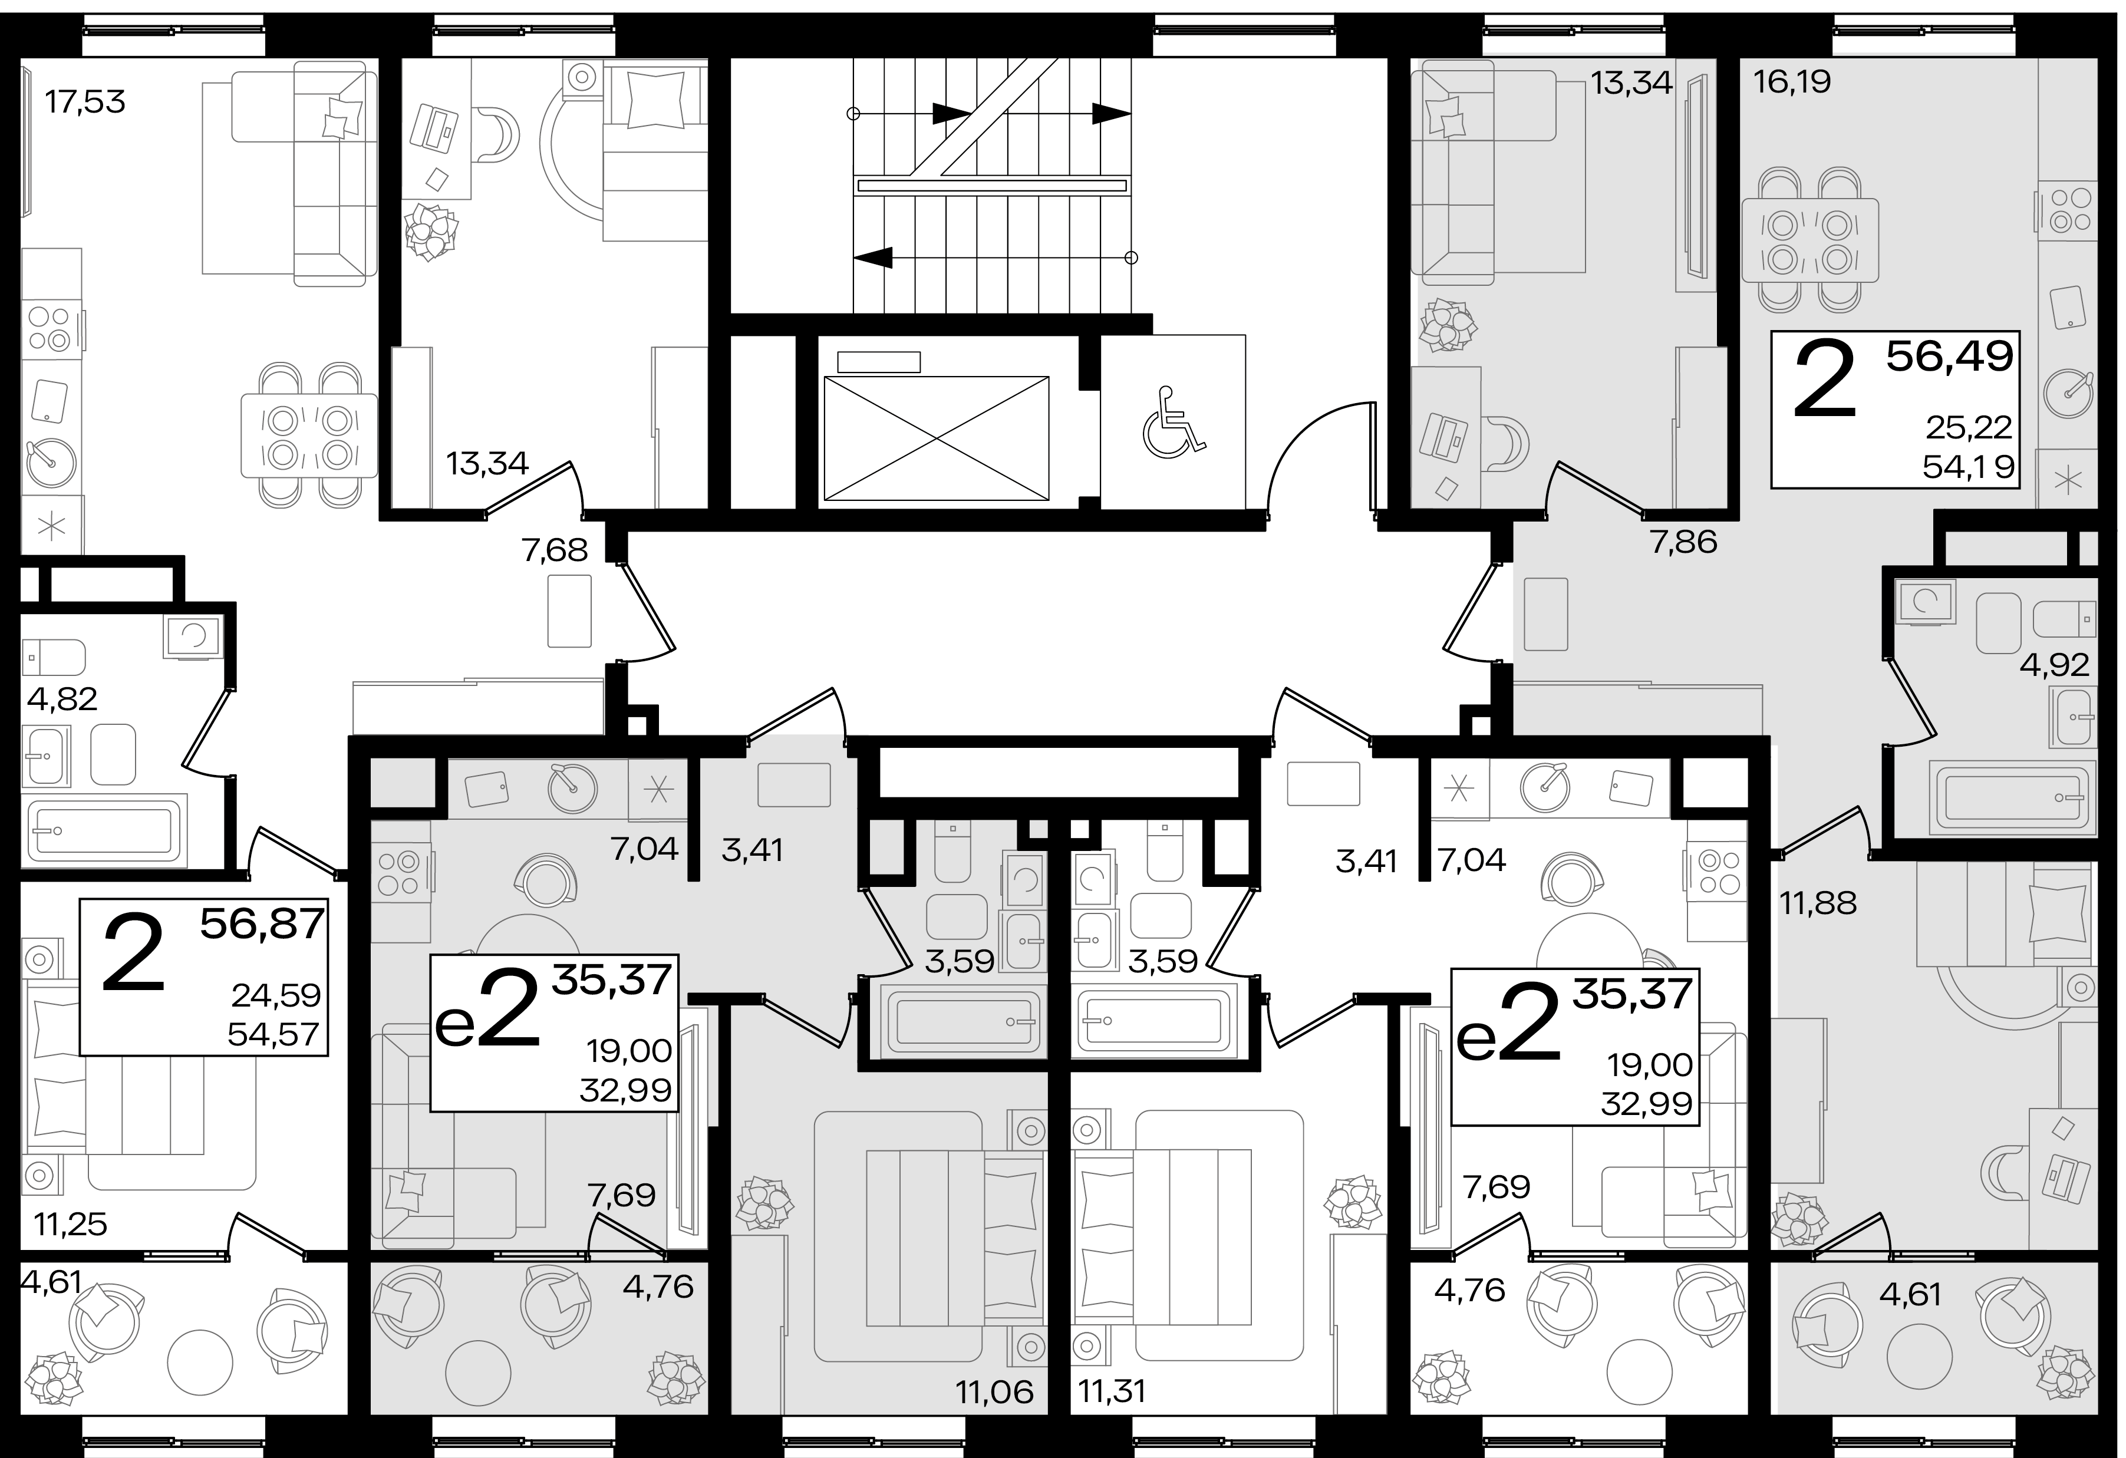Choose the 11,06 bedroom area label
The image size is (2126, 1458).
(x=994, y=1392)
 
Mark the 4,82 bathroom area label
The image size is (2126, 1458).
(x=62, y=699)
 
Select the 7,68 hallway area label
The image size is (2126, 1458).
(x=555, y=550)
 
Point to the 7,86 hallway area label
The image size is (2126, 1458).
(x=1683, y=542)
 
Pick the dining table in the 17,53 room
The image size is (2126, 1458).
(x=309, y=436)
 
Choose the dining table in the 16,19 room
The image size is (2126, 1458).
(x=1809, y=240)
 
